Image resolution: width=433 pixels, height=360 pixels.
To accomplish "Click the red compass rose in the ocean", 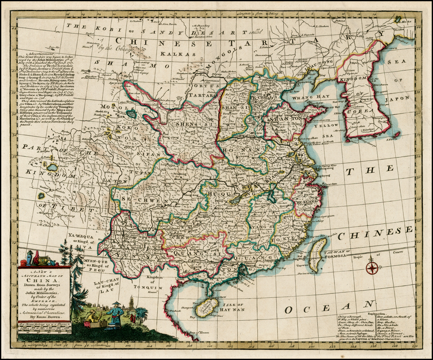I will [372, 267].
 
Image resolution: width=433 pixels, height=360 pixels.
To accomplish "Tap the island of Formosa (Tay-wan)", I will [318, 255].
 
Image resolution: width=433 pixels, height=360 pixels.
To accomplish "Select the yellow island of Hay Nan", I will [207, 307].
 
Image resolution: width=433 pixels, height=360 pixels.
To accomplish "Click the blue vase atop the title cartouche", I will [29, 258].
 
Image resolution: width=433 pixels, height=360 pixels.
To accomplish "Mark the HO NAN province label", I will [237, 150].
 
